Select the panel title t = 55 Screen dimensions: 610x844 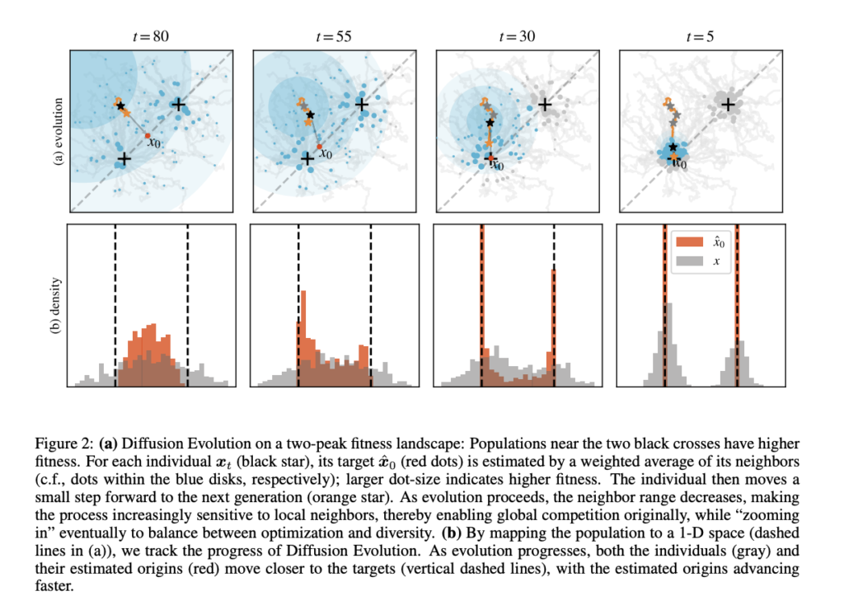tap(333, 36)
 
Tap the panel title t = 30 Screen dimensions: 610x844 tap(517, 36)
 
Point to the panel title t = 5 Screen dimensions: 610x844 tap(701, 36)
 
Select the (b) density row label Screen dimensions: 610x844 tap(57, 306)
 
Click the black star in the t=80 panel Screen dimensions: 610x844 tap(120, 106)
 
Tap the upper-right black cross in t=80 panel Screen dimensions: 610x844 tap(178, 105)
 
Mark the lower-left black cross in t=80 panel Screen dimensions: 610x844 tap(124, 158)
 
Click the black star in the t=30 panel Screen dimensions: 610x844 tap(490, 123)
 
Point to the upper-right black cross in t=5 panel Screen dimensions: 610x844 tap(728, 105)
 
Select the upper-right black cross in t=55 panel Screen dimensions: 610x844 tap(361, 105)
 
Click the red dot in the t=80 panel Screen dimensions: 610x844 tap(147, 135)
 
